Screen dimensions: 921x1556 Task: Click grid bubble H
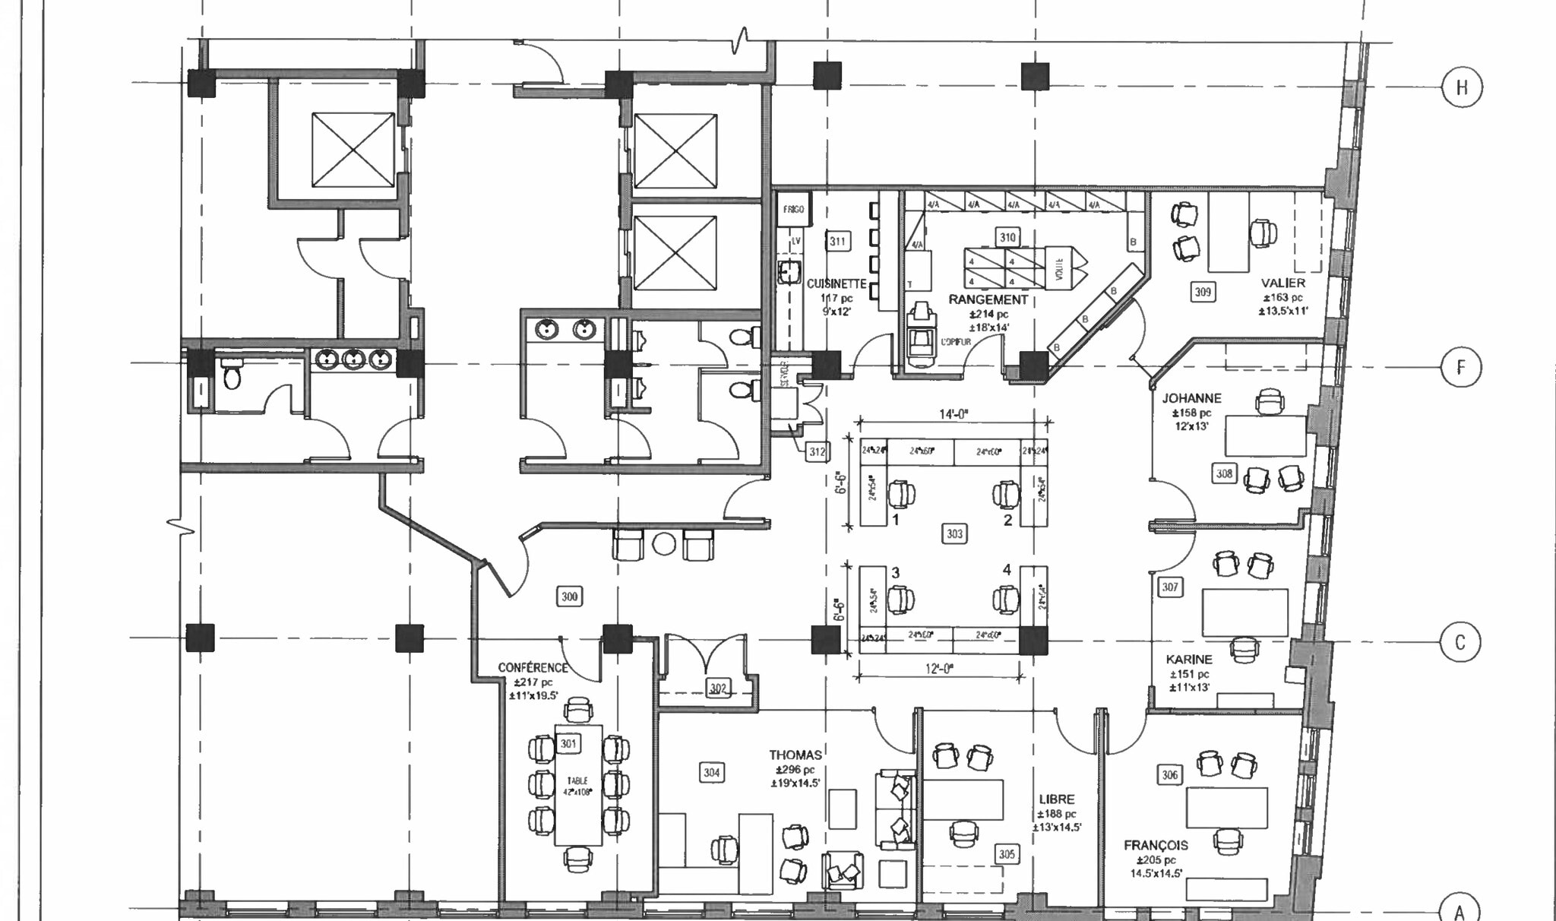pyautogui.click(x=1461, y=87)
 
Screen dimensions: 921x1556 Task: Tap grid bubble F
pyautogui.click(x=1460, y=368)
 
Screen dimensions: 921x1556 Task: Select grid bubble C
pyautogui.click(x=1460, y=643)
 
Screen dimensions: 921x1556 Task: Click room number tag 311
pyautogui.click(x=837, y=242)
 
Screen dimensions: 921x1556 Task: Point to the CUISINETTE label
pyautogui.click(x=837, y=283)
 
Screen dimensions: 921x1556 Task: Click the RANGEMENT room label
pyautogui.click(x=988, y=299)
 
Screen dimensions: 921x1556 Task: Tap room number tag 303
pyautogui.click(x=954, y=534)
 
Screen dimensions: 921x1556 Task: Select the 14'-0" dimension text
pyautogui.click(x=954, y=415)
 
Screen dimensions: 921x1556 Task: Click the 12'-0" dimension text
pyautogui.click(x=939, y=669)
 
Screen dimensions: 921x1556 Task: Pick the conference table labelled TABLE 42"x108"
pyautogui.click(x=578, y=786)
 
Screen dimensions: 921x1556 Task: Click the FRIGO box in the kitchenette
pyautogui.click(x=793, y=209)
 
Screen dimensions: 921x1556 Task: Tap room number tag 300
pyautogui.click(x=570, y=597)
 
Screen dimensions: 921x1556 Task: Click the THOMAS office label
pyautogui.click(x=795, y=755)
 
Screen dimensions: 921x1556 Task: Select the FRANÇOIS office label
pyautogui.click(x=1156, y=845)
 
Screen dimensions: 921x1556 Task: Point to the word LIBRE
pyautogui.click(x=1057, y=799)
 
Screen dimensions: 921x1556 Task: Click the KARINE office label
pyautogui.click(x=1189, y=660)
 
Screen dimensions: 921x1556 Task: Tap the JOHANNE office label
pyautogui.click(x=1191, y=398)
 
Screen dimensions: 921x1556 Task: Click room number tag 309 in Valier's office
pyautogui.click(x=1203, y=292)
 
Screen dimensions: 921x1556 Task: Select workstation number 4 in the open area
pyautogui.click(x=1007, y=570)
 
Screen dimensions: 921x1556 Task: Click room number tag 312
pyautogui.click(x=817, y=452)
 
